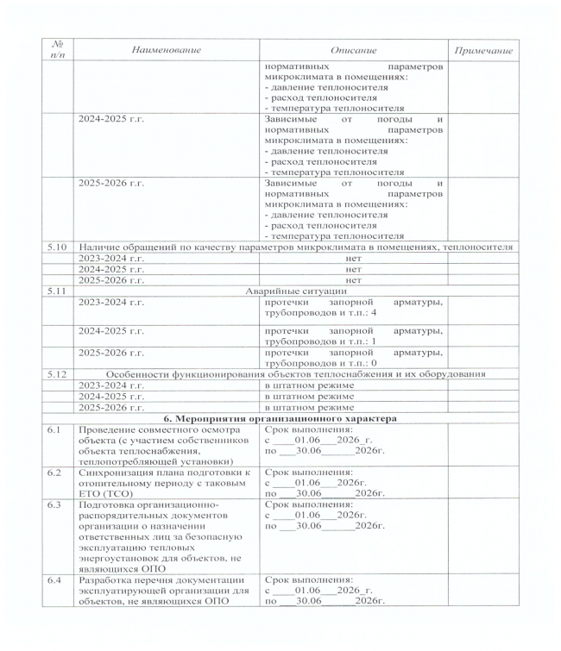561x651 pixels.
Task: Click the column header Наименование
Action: pos(167,50)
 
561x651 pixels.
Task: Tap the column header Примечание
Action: pos(483,51)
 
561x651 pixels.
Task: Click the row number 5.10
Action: pos(57,247)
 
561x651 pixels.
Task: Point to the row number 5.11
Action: pos(57,291)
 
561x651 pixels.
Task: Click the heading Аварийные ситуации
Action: pos(293,291)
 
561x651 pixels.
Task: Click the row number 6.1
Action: pos(54,429)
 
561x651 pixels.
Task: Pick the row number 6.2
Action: pos(54,472)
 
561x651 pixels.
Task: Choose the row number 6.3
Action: pos(54,504)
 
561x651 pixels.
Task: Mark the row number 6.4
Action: pos(54,579)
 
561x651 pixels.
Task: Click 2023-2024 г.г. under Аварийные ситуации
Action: pos(111,302)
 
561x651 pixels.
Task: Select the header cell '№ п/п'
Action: pos(57,50)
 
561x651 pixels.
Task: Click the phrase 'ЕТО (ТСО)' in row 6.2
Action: pos(102,493)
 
